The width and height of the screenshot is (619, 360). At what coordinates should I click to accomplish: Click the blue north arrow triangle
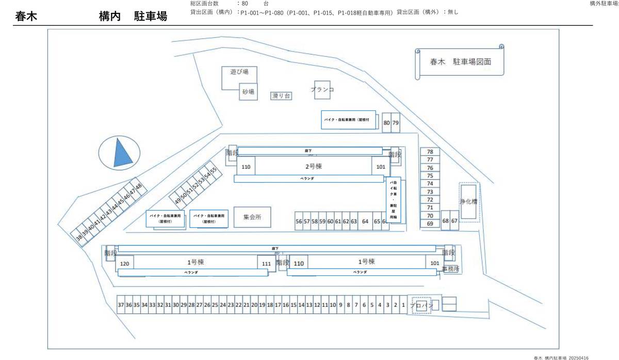pyautogui.click(x=122, y=153)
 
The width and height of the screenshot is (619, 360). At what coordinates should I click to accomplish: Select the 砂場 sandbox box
pyautogui.click(x=248, y=92)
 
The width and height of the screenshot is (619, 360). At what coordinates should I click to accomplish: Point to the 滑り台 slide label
pyautogui.click(x=281, y=95)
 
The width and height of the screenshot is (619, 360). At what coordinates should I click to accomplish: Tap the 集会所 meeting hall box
pyautogui.click(x=252, y=217)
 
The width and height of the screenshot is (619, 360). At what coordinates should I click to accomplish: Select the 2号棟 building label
pyautogui.click(x=313, y=167)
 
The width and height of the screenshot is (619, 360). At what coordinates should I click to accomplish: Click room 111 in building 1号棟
pyautogui.click(x=266, y=264)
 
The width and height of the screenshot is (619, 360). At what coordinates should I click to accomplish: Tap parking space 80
pyautogui.click(x=386, y=123)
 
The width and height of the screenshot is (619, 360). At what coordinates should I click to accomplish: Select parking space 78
pyautogui.click(x=430, y=152)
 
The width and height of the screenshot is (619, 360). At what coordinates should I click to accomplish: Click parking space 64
pyautogui.click(x=365, y=221)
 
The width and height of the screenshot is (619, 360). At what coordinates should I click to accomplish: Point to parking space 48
pyautogui.click(x=138, y=186)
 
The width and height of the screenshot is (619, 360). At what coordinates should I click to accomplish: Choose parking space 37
pyautogui.click(x=121, y=305)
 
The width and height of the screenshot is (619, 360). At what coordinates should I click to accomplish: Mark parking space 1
pyautogui.click(x=403, y=305)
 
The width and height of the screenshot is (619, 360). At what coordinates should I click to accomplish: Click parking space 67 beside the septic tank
pyautogui.click(x=454, y=221)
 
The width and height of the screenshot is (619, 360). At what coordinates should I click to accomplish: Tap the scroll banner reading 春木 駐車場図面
pyautogui.click(x=460, y=61)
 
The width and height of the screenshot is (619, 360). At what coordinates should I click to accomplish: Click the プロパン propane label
pyautogui.click(x=421, y=305)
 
